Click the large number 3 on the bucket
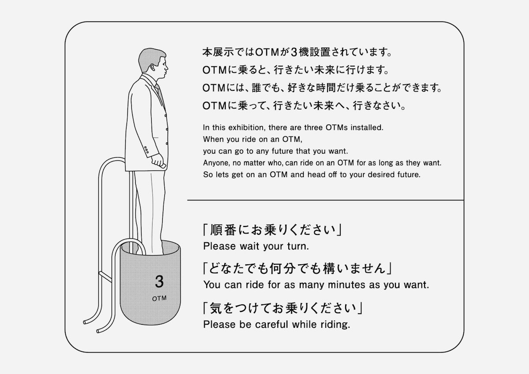click(159, 282)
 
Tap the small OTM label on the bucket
click(159, 299)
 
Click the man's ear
click(153, 68)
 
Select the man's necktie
click(160, 93)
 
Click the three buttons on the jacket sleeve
click(146, 150)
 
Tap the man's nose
click(167, 68)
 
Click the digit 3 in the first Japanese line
click(294, 52)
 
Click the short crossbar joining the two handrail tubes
click(105, 277)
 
